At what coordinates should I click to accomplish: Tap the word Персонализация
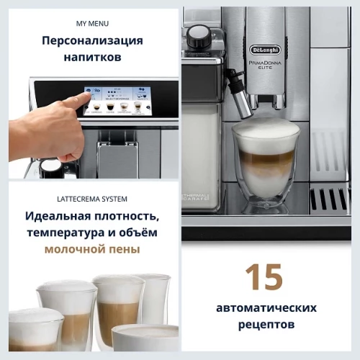coord(91,40)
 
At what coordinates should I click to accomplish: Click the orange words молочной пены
coord(91,250)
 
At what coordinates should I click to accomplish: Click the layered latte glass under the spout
coord(265,166)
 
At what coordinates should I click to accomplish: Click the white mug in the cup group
coord(144,337)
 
